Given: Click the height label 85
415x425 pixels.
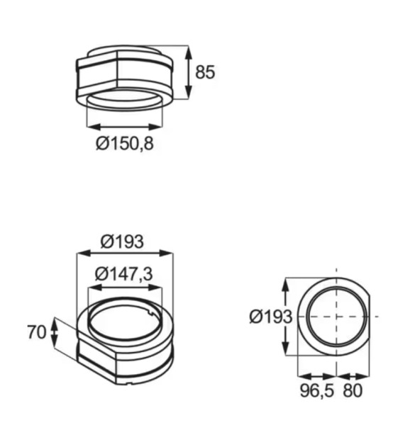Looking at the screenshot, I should coord(204,72).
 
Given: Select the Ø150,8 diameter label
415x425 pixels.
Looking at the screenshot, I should coord(125,144).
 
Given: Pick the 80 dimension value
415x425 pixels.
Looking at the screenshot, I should coord(353,390).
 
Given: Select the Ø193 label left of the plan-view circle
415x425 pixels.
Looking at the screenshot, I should coord(270,317).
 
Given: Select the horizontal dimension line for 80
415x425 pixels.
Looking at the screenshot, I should coord(353,376).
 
